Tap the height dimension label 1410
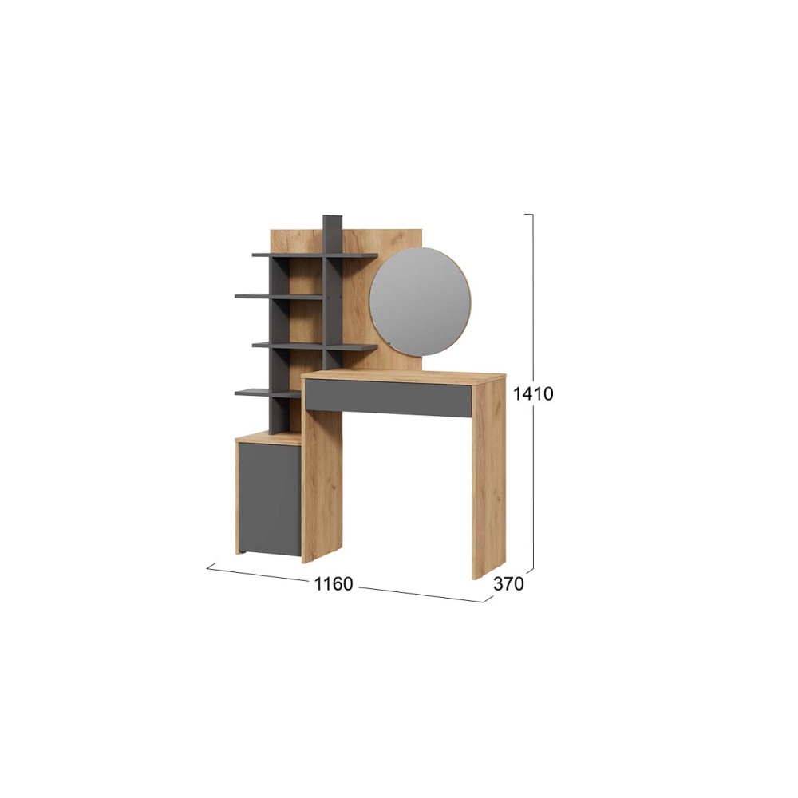tap(533, 393)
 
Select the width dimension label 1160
tap(334, 584)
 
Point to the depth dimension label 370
tap(508, 584)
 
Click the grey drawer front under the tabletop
tap(389, 398)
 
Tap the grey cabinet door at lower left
tap(270, 499)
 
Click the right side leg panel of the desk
tap(488, 478)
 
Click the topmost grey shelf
tap(314, 255)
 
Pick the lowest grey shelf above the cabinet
tap(267, 393)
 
